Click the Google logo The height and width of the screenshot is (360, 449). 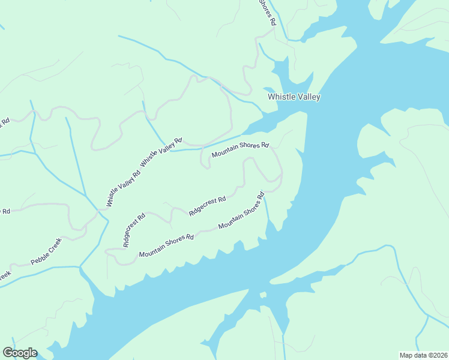(20, 353)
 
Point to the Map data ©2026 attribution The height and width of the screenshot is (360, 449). (423, 355)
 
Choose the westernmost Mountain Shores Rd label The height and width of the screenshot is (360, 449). (166, 245)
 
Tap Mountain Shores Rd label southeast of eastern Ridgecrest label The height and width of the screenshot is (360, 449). (242, 212)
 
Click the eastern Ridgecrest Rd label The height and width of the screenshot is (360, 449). (207, 206)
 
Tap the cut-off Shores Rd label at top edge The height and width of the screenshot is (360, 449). (267, 12)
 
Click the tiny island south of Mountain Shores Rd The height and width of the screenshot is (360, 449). (262, 295)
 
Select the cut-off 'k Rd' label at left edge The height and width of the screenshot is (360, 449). (5, 122)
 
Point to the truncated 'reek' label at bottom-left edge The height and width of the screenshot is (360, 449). (5, 275)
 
